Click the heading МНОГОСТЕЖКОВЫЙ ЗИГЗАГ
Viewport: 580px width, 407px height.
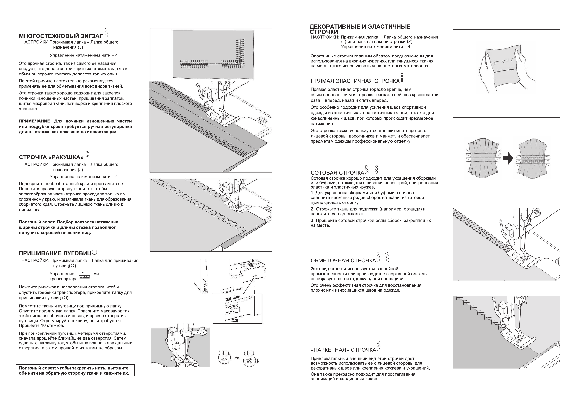(61, 36)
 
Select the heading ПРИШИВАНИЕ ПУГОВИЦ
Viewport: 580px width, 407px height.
(55, 253)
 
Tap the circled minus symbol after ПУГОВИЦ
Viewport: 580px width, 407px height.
(95, 252)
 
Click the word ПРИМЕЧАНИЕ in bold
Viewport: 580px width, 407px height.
(35, 121)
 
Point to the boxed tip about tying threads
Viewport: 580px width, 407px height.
(75, 370)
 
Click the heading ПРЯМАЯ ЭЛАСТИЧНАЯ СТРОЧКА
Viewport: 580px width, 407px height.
(355, 81)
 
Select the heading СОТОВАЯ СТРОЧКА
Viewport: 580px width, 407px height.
(337, 173)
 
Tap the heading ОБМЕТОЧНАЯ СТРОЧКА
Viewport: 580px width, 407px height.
(343, 260)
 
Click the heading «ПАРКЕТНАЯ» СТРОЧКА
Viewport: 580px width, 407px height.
(343, 350)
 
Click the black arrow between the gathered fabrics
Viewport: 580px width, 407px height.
(508, 158)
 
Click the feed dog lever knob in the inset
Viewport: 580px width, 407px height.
(236, 309)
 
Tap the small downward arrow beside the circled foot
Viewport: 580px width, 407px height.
(258, 361)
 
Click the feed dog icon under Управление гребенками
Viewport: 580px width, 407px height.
(84, 277)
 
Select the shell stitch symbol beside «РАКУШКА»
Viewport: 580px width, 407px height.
(88, 154)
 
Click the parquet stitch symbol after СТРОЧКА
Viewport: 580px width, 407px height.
(379, 346)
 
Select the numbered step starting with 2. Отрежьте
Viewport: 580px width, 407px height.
(368, 212)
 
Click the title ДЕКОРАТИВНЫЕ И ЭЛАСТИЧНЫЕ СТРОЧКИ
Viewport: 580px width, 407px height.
(360, 29)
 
